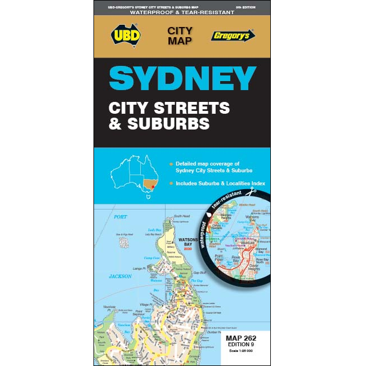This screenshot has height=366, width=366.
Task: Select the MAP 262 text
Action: [x=245, y=338]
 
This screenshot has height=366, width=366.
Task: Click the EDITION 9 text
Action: [x=245, y=345]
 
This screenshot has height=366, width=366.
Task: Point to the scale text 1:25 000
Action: [x=245, y=351]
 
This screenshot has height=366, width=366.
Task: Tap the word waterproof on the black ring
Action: [x=204, y=235]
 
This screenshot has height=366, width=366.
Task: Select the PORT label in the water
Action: [x=120, y=217]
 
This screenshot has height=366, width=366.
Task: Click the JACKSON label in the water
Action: [x=120, y=276]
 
